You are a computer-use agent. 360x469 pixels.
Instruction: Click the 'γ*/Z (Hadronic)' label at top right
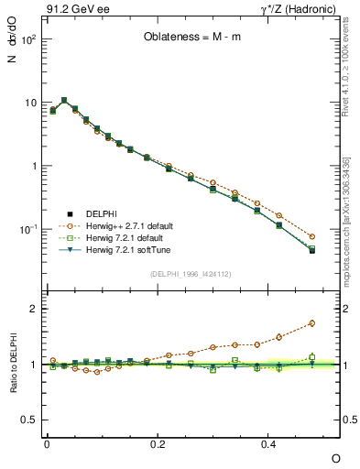[x=298, y=10]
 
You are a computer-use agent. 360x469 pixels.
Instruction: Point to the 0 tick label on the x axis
[x=47, y=443]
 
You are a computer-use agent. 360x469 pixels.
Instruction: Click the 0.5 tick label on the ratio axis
[x=31, y=420]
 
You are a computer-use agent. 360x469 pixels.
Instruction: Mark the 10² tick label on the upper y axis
[x=28, y=41]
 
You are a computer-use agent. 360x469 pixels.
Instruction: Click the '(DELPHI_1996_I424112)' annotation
[x=191, y=272]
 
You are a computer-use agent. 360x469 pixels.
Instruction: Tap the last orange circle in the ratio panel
[x=312, y=322]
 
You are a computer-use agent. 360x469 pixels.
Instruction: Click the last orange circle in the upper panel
[x=312, y=236]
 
